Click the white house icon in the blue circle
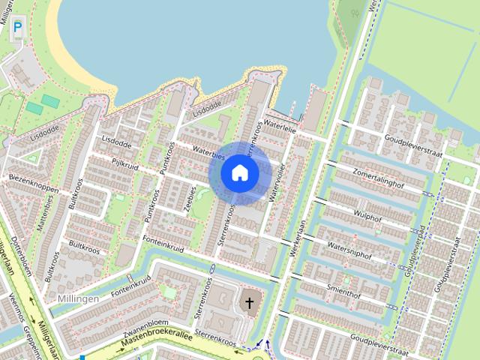pos(239,173)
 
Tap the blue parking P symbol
pos(17,26)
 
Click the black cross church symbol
pos(249,304)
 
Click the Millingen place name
pos(77,298)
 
